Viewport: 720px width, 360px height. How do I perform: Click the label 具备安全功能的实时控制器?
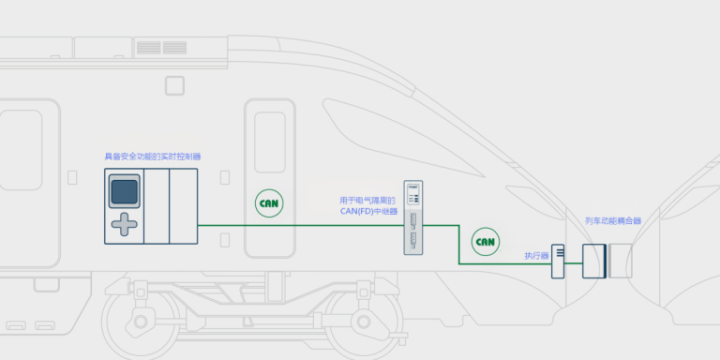(153, 157)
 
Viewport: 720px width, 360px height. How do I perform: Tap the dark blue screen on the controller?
(124, 191)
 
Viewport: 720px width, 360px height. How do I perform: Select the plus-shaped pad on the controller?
(124, 225)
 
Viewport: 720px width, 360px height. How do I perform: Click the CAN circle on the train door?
(269, 202)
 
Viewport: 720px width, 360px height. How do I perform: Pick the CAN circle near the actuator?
(486, 242)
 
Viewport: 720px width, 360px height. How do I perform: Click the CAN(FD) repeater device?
(412, 217)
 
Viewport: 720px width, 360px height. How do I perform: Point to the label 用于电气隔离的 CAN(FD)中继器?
(368, 205)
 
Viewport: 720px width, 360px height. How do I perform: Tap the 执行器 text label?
(537, 256)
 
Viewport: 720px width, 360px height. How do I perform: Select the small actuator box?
(558, 262)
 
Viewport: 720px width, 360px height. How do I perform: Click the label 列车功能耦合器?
(613, 221)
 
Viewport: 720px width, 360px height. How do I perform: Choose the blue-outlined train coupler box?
(594, 262)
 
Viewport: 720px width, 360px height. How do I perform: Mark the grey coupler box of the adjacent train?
(621, 262)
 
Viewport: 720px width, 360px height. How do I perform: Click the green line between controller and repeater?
(301, 225)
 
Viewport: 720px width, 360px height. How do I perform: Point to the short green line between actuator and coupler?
(573, 263)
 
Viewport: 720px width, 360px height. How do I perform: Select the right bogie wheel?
(363, 321)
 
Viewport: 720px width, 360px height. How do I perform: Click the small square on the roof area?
(174, 86)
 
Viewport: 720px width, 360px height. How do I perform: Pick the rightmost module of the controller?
(184, 206)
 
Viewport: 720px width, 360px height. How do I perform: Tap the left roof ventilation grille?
(149, 47)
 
